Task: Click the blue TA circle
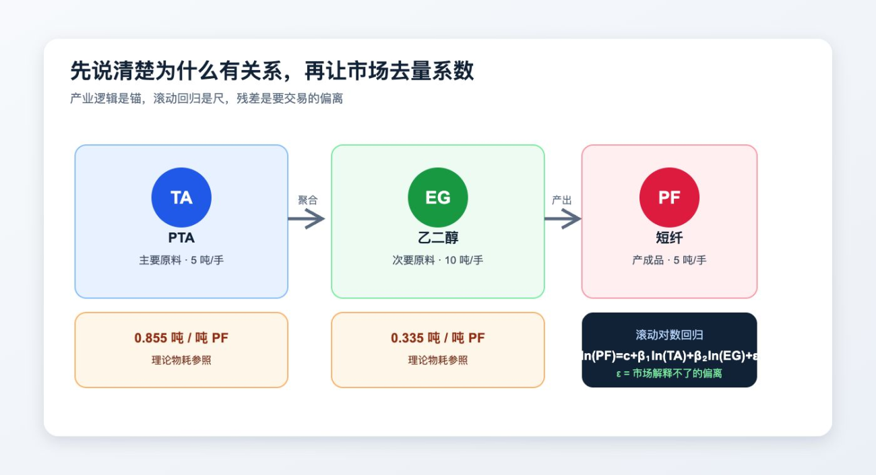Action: (x=181, y=197)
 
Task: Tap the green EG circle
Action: (x=437, y=197)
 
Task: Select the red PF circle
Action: (x=669, y=197)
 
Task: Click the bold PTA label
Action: (x=181, y=238)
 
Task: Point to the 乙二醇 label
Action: (x=437, y=238)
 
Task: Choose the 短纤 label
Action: (x=669, y=238)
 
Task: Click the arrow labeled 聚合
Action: (x=306, y=218)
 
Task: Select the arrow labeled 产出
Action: (x=563, y=218)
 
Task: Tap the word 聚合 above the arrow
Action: (x=308, y=200)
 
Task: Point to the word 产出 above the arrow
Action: (x=561, y=200)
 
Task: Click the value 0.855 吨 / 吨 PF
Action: (x=181, y=338)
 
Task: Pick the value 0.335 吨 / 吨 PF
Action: (x=437, y=338)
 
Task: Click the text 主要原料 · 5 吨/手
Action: (x=181, y=260)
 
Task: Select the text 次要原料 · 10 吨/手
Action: (x=437, y=260)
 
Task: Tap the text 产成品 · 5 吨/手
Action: (x=669, y=260)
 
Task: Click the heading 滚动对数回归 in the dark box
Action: (x=669, y=335)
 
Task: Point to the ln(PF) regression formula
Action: (x=669, y=356)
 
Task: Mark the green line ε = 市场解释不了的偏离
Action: (x=669, y=373)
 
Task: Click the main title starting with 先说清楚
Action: (x=272, y=71)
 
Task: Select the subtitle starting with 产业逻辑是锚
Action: (x=206, y=98)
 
